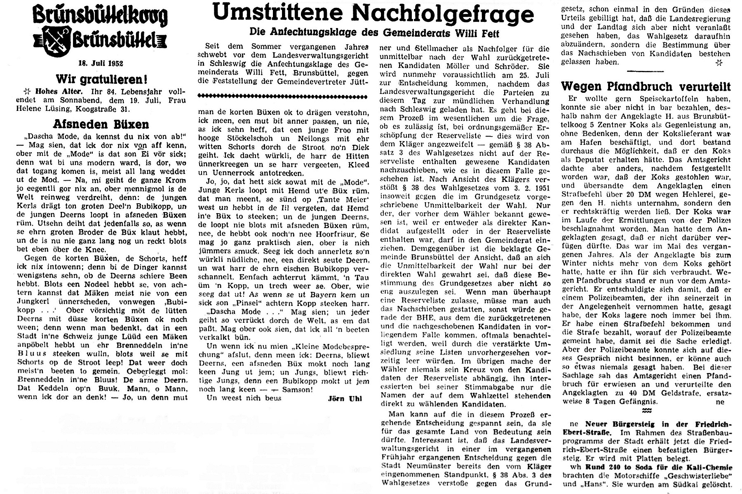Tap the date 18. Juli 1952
tap(101, 64)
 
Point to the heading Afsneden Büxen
tap(101, 124)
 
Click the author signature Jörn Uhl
tap(345, 398)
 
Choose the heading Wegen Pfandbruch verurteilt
tap(646, 87)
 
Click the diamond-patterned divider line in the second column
tap(282, 96)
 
